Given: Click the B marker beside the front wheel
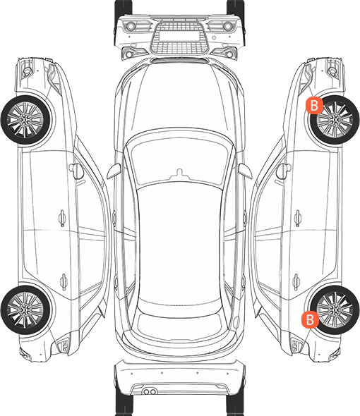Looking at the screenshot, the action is coord(314,105).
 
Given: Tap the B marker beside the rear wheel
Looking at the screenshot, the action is coord(310,319).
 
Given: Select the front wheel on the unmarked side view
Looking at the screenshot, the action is coord(25,120).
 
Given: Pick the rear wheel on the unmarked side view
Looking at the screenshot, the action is coord(25,310).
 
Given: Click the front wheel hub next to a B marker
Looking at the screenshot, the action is coord(335,120).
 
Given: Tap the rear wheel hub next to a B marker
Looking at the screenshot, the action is coord(335,310).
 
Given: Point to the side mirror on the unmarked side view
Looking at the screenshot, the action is coord(76,171).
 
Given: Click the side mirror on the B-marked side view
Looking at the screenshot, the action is coord(284,171).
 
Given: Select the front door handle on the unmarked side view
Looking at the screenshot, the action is coord(62,219).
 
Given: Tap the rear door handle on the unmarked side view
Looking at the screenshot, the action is coord(64,281).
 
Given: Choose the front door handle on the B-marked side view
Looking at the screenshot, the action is coord(298,219).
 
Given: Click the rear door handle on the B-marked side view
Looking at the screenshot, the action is coord(296,281).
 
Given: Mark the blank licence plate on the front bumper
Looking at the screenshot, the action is coord(179,35).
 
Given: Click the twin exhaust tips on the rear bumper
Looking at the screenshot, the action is coord(150,392).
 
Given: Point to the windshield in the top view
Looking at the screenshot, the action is coord(179,159).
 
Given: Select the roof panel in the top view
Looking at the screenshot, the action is coord(179,244).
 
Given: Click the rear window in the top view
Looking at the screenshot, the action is coord(179,322).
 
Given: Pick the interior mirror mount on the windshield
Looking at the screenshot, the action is coord(180,173).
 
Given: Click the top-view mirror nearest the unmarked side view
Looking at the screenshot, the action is coord(114,171).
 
